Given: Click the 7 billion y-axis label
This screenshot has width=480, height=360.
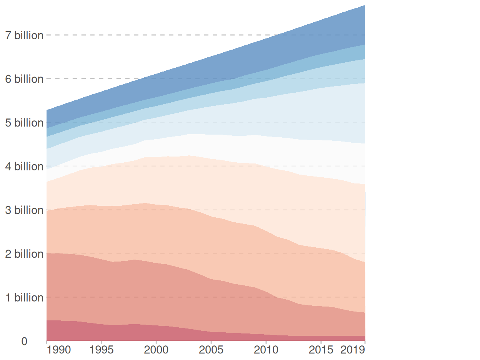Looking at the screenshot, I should [24, 35].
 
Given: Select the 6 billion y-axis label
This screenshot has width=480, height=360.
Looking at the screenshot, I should [24, 79].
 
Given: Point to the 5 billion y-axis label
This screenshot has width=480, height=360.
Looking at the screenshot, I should [24, 123].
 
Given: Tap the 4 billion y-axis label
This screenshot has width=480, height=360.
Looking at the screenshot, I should [24, 167].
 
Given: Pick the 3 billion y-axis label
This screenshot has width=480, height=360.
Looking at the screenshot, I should [24, 210].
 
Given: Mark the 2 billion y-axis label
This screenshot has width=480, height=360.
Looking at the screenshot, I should [24, 254].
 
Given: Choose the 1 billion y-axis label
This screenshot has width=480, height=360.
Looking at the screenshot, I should [24, 298].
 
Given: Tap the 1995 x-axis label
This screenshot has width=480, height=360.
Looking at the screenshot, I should [101, 350].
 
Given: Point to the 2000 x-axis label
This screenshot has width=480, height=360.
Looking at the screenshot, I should [156, 350].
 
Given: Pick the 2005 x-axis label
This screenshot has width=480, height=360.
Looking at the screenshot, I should [211, 350].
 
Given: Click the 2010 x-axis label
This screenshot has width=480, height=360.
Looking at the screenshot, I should [266, 350].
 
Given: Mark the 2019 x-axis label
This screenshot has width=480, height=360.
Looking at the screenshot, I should [353, 350].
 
